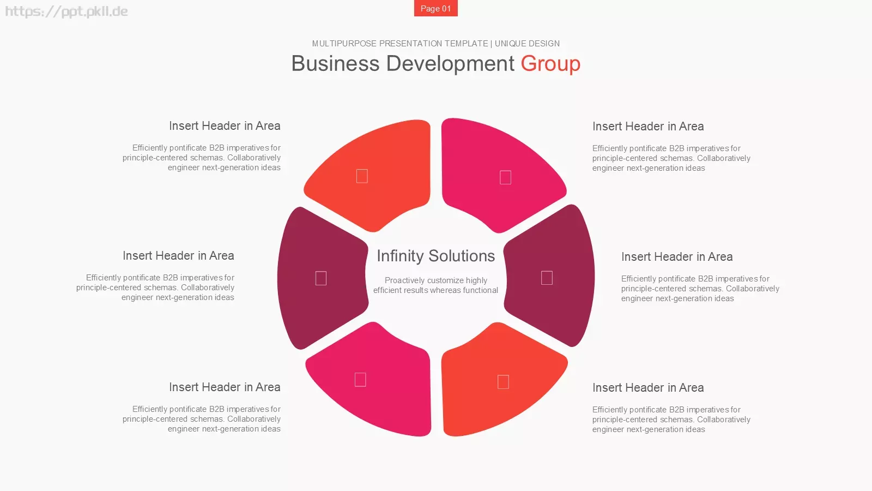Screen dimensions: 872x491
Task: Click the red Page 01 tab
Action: pos(435,8)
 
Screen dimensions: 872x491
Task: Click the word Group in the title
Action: pos(550,64)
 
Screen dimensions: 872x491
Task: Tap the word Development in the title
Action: pos(450,63)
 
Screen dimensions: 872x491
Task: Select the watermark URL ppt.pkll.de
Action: pos(66,11)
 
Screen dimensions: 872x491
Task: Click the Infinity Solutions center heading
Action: pos(435,256)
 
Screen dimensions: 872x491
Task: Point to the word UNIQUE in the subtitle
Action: pos(511,44)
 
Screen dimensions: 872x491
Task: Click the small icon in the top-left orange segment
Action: pos(362,176)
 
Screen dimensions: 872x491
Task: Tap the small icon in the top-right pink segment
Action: pos(505,177)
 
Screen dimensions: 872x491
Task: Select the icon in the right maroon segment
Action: pos(547,278)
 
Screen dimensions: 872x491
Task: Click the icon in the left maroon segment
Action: pos(321,278)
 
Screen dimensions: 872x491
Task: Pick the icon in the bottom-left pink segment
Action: pos(360,380)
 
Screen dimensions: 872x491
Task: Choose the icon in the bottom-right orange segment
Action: pos(504,382)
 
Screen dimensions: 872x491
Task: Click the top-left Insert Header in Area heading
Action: pos(225,126)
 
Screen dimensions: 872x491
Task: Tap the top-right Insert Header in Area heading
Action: pos(648,126)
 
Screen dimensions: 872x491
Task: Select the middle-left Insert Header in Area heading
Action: pos(178,256)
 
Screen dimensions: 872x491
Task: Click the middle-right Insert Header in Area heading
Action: pos(677,257)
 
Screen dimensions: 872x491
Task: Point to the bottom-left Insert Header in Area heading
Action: pos(225,387)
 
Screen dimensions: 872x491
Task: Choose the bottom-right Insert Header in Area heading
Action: pos(648,388)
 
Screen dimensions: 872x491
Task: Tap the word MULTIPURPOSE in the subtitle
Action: pos(344,44)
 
